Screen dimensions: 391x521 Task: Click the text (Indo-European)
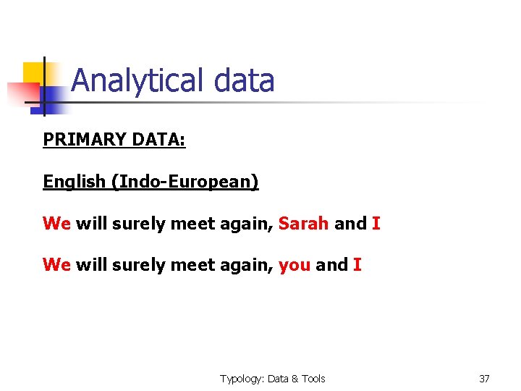[185, 181]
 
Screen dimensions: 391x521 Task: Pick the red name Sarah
[304, 223]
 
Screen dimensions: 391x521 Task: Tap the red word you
[295, 265]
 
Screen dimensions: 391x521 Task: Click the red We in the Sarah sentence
[56, 223]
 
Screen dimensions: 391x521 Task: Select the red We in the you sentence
[56, 265]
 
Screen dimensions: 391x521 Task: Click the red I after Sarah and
[376, 223]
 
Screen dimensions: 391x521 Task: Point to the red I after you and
[357, 265]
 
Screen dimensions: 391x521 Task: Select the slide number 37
[484, 378]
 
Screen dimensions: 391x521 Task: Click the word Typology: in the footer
[242, 378]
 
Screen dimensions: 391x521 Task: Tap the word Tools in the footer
[313, 378]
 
